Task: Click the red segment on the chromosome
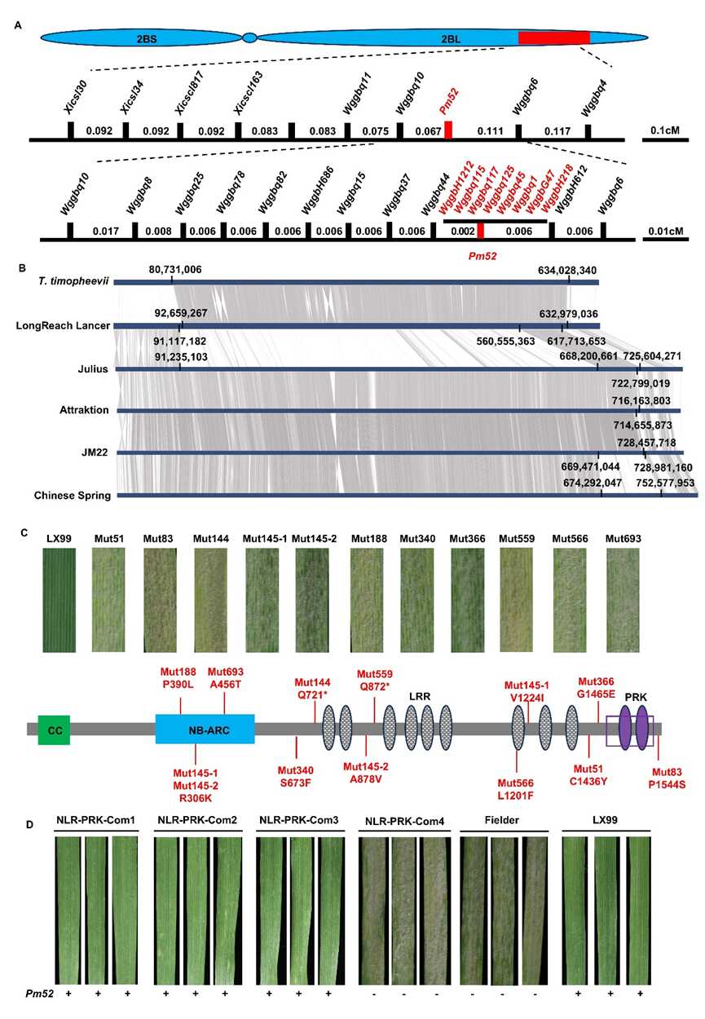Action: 553,37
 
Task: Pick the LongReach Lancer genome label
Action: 62,325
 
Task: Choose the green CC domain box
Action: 55,731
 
